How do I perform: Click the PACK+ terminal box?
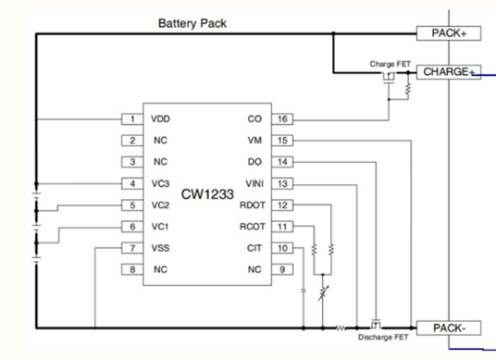tap(449, 33)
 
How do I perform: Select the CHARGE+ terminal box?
tap(449, 72)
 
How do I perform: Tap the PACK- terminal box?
tap(449, 328)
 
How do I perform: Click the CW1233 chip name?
tap(207, 194)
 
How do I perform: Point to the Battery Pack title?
tap(192, 23)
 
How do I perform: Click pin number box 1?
tap(132, 119)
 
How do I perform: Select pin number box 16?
tap(282, 119)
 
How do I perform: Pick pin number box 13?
tap(282, 184)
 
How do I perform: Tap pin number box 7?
tap(132, 248)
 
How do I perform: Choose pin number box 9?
tap(282, 269)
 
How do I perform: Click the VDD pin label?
tap(160, 119)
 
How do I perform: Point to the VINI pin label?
tap(254, 184)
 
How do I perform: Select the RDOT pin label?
tap(252, 205)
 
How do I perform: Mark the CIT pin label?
tap(254, 248)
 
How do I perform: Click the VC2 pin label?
tap(160, 205)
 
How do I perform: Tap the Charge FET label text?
tap(390, 64)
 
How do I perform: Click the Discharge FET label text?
tap(383, 338)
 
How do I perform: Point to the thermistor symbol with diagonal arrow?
tap(323, 293)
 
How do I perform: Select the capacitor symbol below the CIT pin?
tap(304, 291)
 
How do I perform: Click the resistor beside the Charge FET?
tap(408, 89)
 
